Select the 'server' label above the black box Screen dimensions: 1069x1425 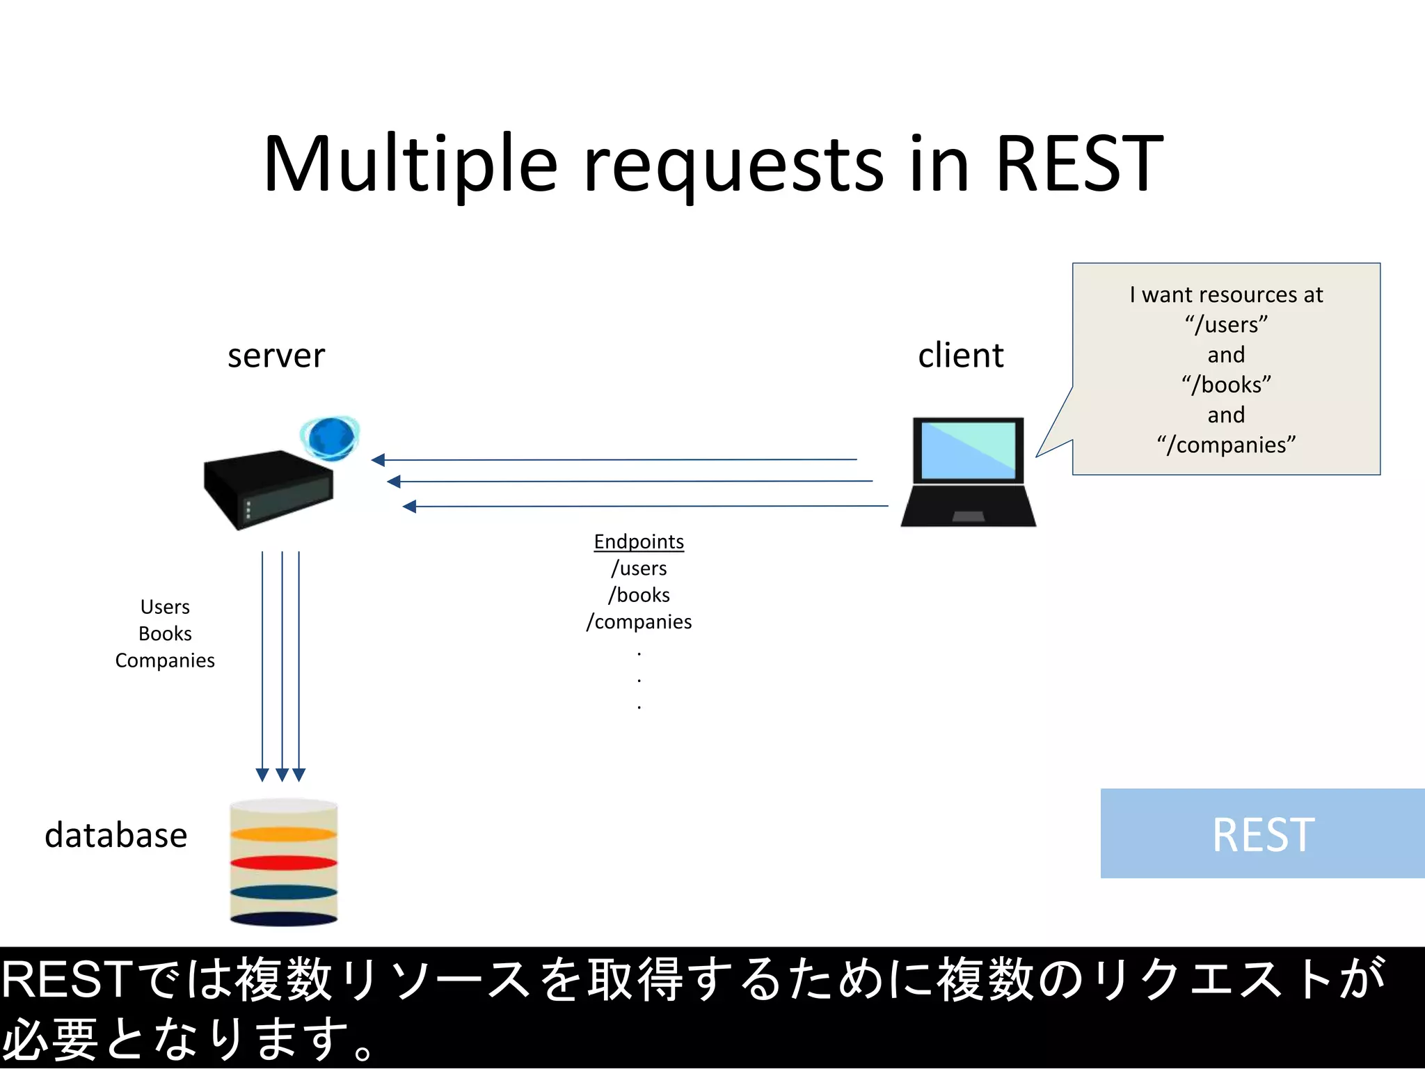click(276, 356)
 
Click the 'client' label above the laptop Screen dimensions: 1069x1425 click(960, 356)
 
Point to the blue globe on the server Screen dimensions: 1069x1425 click(331, 438)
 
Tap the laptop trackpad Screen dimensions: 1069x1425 click(968, 516)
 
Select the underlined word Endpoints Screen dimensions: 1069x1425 click(639, 541)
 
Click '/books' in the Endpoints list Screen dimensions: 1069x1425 click(639, 595)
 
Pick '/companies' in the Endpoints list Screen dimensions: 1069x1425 click(639, 621)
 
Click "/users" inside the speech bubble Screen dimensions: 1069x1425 click(1226, 325)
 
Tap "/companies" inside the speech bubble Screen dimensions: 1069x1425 click(1226, 445)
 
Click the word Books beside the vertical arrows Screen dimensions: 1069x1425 click(165, 633)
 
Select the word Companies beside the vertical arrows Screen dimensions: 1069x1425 click(165, 660)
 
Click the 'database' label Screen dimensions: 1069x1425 click(116, 835)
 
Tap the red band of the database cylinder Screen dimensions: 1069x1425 click(283, 863)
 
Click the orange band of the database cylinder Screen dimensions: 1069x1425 click(283, 834)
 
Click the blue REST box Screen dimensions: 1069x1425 click(1262, 834)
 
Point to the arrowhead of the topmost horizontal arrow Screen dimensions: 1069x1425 click(378, 460)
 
